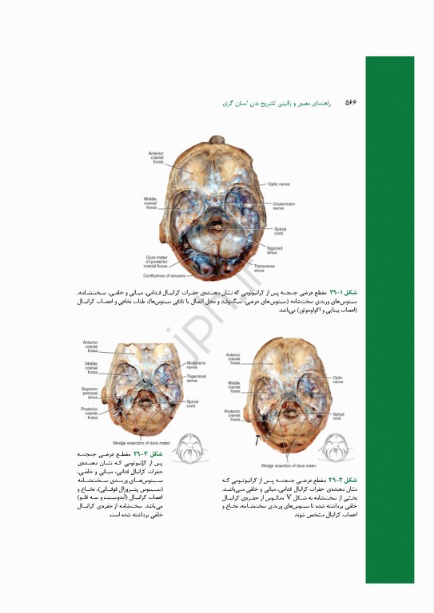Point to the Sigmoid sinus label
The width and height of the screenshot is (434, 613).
click(274, 249)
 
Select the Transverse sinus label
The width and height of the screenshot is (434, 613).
click(264, 268)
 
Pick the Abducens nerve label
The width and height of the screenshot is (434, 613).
click(197, 366)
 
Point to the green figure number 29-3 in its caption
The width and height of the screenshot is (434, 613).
click(150, 453)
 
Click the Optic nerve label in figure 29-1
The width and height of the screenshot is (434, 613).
click(277, 183)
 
